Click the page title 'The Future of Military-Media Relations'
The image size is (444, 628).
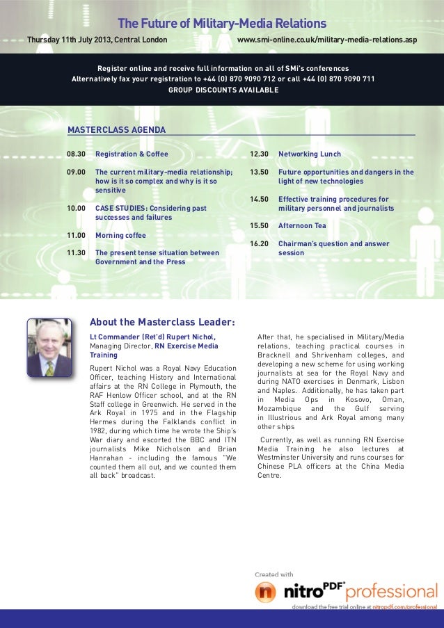click(x=222, y=24)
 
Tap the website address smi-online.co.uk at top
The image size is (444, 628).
click(x=327, y=40)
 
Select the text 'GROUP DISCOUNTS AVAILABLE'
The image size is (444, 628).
click(x=223, y=90)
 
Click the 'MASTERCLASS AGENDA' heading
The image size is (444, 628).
click(x=116, y=129)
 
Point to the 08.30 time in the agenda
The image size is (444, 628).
click(x=76, y=154)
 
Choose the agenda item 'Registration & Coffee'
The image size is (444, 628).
click(x=132, y=154)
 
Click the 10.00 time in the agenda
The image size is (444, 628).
click(x=76, y=208)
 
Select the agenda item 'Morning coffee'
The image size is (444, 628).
click(x=120, y=236)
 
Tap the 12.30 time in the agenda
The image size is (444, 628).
click(x=259, y=154)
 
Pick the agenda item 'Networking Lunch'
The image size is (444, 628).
click(x=310, y=154)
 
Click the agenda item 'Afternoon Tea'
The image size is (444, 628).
click(x=302, y=226)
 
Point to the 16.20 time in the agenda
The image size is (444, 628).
click(x=259, y=244)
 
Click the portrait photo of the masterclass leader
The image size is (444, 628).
click(x=49, y=348)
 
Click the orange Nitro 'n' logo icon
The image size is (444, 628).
click(x=266, y=592)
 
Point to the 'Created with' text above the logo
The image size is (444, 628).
click(x=274, y=574)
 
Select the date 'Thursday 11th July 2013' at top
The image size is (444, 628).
click(x=69, y=40)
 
